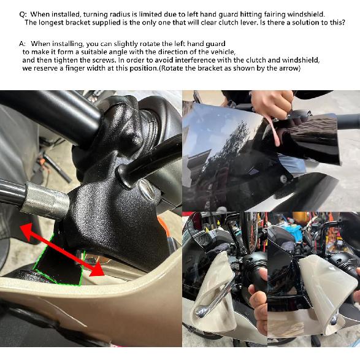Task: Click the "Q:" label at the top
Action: point(23,13)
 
